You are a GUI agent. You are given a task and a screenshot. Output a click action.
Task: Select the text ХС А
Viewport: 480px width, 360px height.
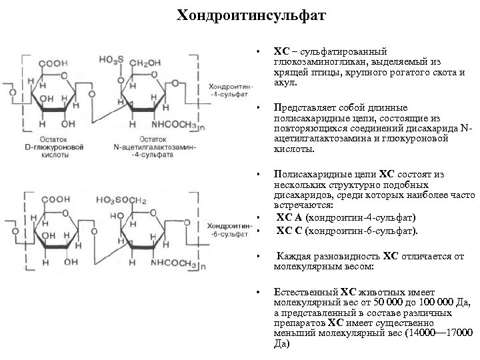tap(287, 218)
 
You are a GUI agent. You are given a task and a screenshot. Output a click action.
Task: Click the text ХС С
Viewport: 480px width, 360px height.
tap(287, 231)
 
